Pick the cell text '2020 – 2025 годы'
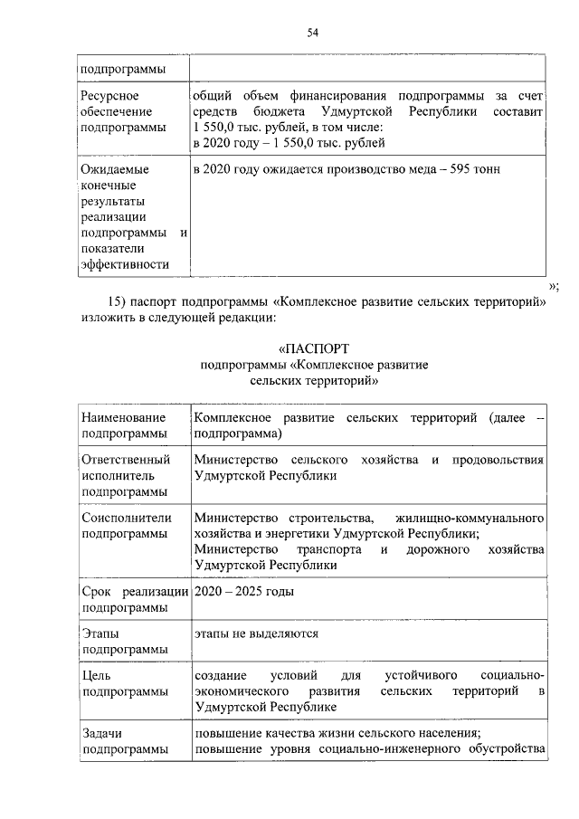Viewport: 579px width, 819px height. coord(243,591)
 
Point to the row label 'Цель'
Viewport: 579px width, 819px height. coord(96,676)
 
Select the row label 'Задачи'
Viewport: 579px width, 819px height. coord(101,733)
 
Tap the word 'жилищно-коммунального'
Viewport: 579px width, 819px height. coord(470,517)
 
